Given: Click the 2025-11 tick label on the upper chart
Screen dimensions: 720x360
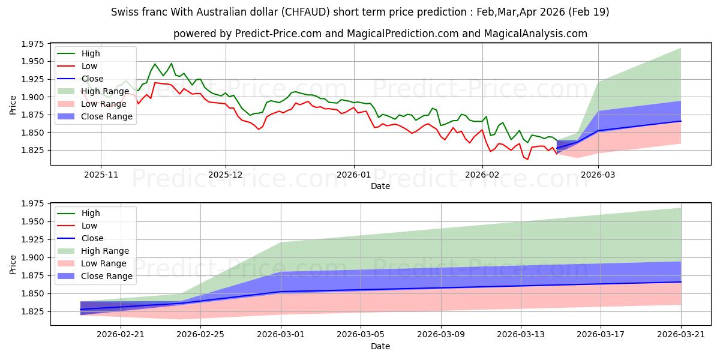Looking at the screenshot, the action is [101, 175].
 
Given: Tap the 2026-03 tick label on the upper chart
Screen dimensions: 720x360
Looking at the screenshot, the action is [598, 175].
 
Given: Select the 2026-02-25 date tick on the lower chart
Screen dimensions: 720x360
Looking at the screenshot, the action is [200, 334].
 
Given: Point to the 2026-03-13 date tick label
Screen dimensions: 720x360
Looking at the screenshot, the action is [521, 334].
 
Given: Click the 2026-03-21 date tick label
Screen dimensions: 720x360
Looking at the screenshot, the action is [681, 334].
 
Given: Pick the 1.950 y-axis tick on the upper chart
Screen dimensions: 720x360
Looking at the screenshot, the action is [32, 61].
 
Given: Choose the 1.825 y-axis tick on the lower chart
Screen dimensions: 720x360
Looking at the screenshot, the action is [32, 311].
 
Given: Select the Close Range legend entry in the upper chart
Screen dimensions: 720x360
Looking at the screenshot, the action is [95, 116].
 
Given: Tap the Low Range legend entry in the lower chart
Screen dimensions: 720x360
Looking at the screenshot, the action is [92, 263].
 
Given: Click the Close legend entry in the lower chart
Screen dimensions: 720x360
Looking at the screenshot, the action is [80, 238].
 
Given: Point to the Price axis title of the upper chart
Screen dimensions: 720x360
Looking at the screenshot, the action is [13, 105].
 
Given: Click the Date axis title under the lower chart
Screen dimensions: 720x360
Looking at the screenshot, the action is [380, 346].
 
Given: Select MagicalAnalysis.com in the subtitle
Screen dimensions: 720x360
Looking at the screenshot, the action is [535, 34].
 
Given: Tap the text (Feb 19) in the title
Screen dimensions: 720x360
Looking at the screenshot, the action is [589, 12].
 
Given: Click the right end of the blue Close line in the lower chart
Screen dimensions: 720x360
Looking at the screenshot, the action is [681, 282].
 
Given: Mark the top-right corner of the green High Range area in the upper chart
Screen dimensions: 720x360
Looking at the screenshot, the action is [681, 48].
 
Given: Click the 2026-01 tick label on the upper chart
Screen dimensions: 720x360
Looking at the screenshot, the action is [353, 175].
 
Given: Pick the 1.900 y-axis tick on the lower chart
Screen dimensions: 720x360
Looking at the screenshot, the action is [32, 257].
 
